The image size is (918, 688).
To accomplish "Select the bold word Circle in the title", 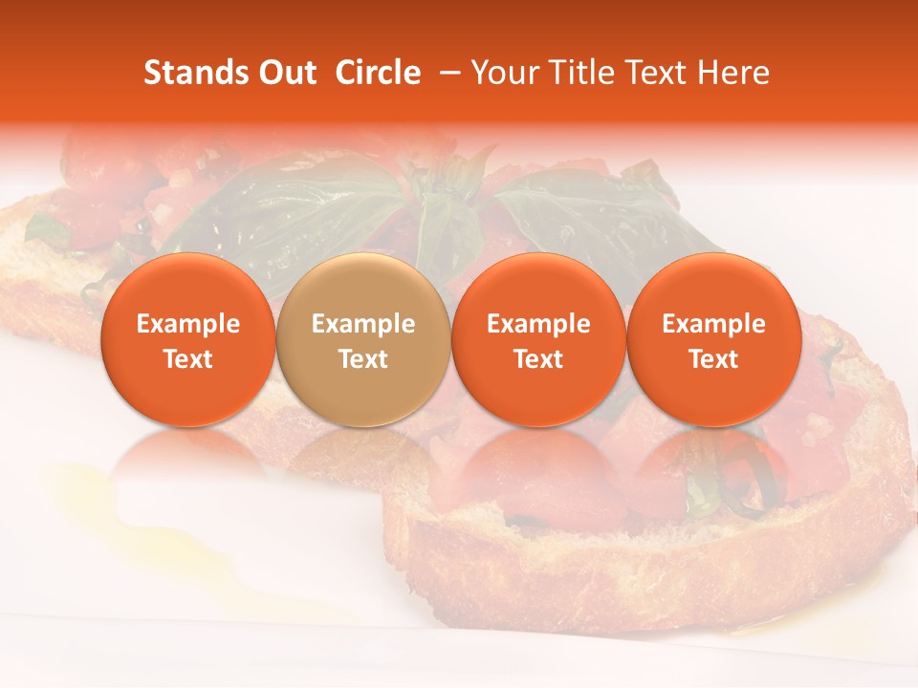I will (x=378, y=73).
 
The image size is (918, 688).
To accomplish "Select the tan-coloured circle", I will (x=363, y=339).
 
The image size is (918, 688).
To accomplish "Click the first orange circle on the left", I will (x=188, y=339).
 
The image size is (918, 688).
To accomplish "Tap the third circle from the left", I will (x=538, y=339).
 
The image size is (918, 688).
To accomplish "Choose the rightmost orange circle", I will (x=714, y=339).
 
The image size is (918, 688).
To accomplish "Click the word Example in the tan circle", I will (x=363, y=324).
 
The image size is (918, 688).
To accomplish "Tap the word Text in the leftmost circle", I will (x=188, y=359).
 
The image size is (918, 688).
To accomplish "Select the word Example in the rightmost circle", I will (x=714, y=324).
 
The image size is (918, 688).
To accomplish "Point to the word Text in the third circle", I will (x=538, y=359).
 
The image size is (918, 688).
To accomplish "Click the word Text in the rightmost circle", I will (x=714, y=359).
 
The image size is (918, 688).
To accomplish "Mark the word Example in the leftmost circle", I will (x=188, y=324).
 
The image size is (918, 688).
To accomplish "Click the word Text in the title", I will (x=660, y=73).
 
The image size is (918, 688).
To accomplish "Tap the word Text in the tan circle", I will (x=363, y=359).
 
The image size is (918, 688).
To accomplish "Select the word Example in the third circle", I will (x=538, y=324).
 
